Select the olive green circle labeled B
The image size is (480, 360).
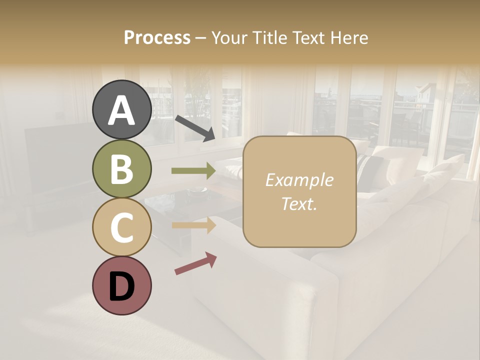pos(122,169)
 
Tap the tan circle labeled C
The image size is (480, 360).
pos(122,227)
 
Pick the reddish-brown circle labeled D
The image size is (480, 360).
pos(122,285)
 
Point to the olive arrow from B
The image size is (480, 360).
pos(193,171)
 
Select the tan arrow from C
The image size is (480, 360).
pos(193,225)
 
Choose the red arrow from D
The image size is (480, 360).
pos(195,263)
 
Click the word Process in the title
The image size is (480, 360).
pos(157,38)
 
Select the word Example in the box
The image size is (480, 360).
pos(299,180)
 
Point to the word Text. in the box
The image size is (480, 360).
pos(299,203)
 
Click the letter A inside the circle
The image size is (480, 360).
pos(122,110)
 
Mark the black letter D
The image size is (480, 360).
pos(122,286)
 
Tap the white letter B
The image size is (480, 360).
pos(122,169)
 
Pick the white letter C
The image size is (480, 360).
pos(122,228)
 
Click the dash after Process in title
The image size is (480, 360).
pos(201,38)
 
